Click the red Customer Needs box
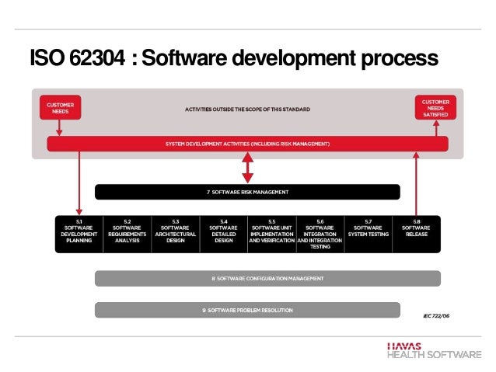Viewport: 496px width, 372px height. pyautogui.click(x=60, y=109)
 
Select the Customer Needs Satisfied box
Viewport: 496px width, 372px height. pyautogui.click(x=435, y=108)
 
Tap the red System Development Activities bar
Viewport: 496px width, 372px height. pyautogui.click(x=247, y=144)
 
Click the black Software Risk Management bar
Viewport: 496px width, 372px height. pyautogui.click(x=247, y=192)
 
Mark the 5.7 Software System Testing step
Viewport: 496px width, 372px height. pyautogui.click(x=368, y=231)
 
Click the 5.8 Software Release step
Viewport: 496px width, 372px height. pyautogui.click(x=416, y=231)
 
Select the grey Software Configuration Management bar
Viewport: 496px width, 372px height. pyautogui.click(x=267, y=278)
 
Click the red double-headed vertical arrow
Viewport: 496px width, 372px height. pyautogui.click(x=247, y=167)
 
